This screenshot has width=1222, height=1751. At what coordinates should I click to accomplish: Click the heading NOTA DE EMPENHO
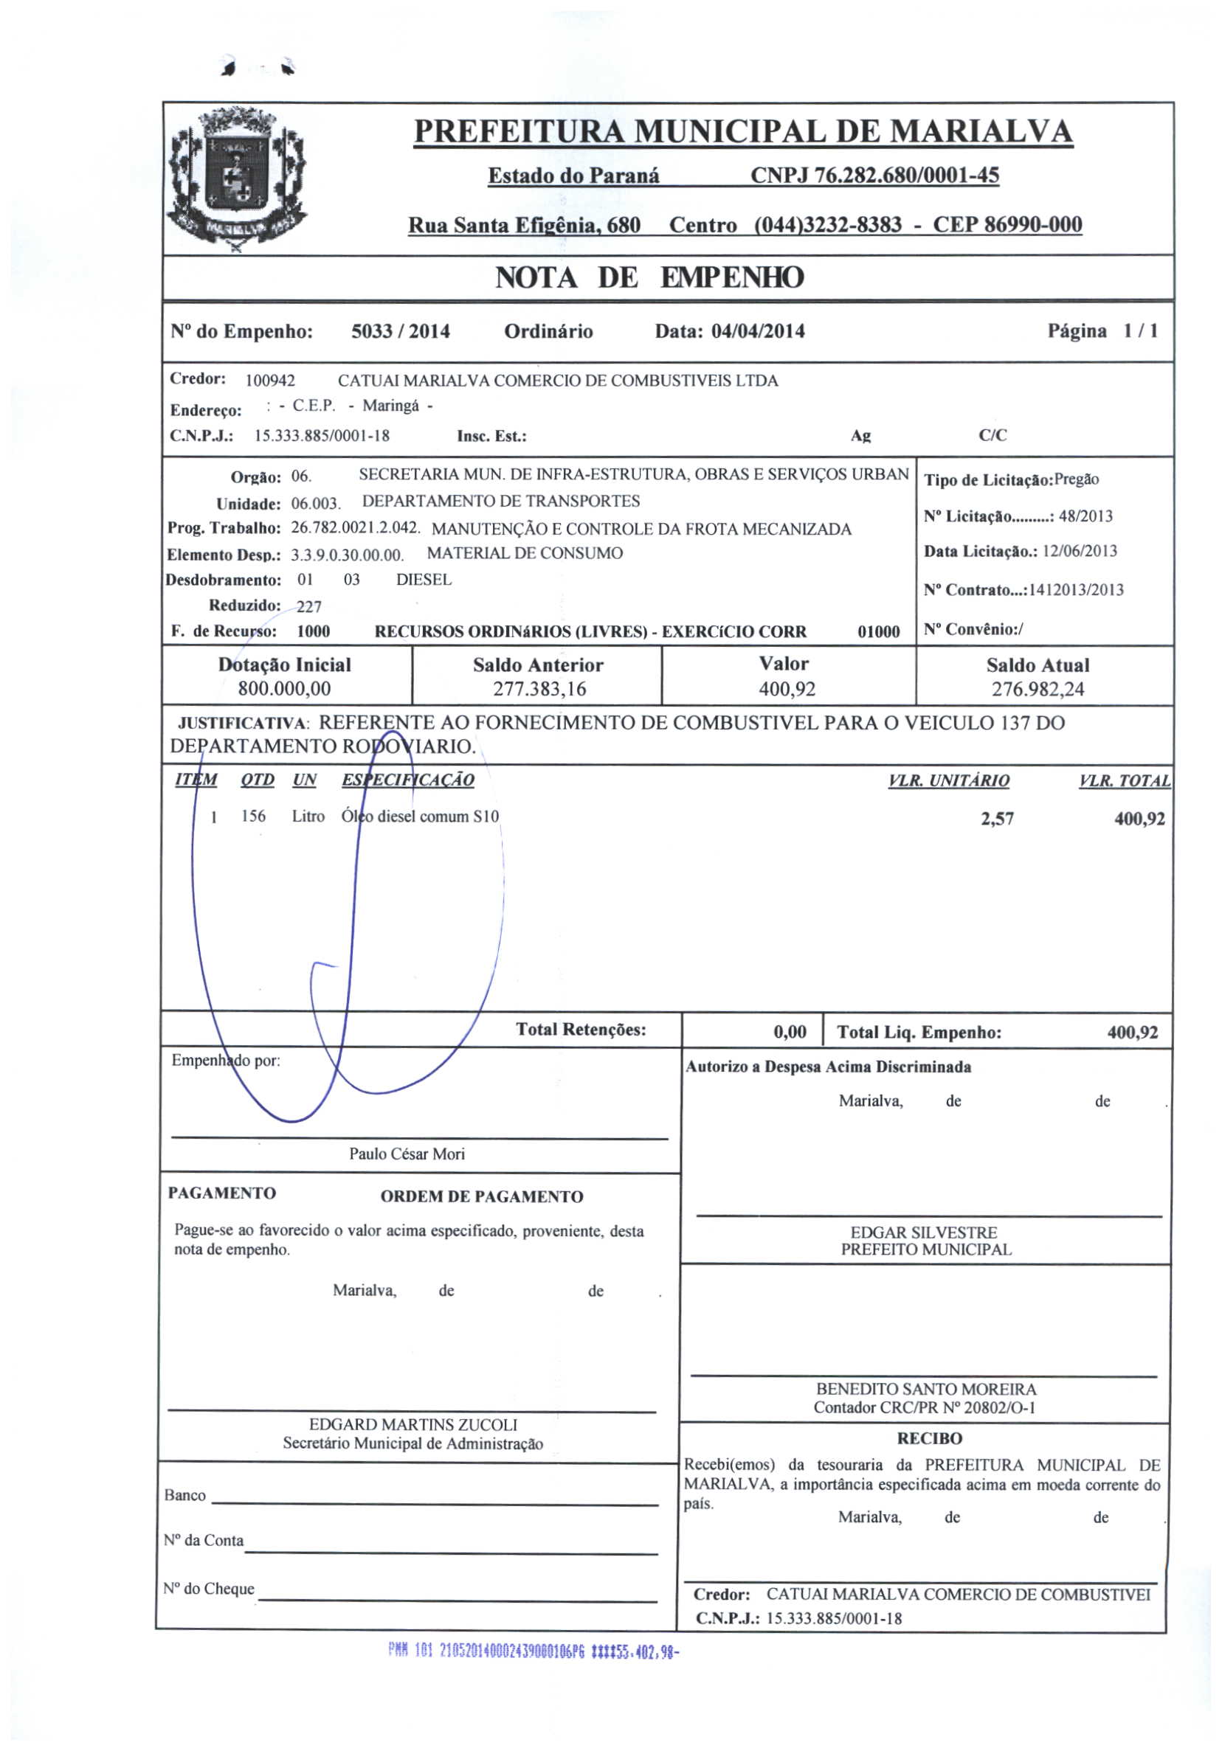649,277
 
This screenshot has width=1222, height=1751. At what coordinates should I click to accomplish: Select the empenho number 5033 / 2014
401,331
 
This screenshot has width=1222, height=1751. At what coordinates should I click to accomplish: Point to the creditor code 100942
270,381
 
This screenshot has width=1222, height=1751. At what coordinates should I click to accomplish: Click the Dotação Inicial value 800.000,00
285,689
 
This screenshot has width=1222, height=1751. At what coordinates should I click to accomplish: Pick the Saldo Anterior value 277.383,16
539,690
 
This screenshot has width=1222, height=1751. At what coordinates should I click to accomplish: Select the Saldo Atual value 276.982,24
1038,690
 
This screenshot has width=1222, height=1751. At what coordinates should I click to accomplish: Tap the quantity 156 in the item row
253,816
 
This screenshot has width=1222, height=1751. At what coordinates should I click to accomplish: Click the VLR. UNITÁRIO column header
949,780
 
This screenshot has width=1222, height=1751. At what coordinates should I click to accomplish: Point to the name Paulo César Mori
407,1154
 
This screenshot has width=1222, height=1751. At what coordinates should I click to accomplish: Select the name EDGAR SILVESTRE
924,1232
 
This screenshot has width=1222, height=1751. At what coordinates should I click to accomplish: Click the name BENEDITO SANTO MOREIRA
926,1390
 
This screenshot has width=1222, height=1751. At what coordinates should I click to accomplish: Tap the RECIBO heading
930,1438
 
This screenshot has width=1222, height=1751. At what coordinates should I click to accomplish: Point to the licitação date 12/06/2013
1080,552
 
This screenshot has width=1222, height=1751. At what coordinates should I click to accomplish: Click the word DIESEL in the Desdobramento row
424,580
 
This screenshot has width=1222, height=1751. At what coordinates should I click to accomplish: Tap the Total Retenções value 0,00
790,1033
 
